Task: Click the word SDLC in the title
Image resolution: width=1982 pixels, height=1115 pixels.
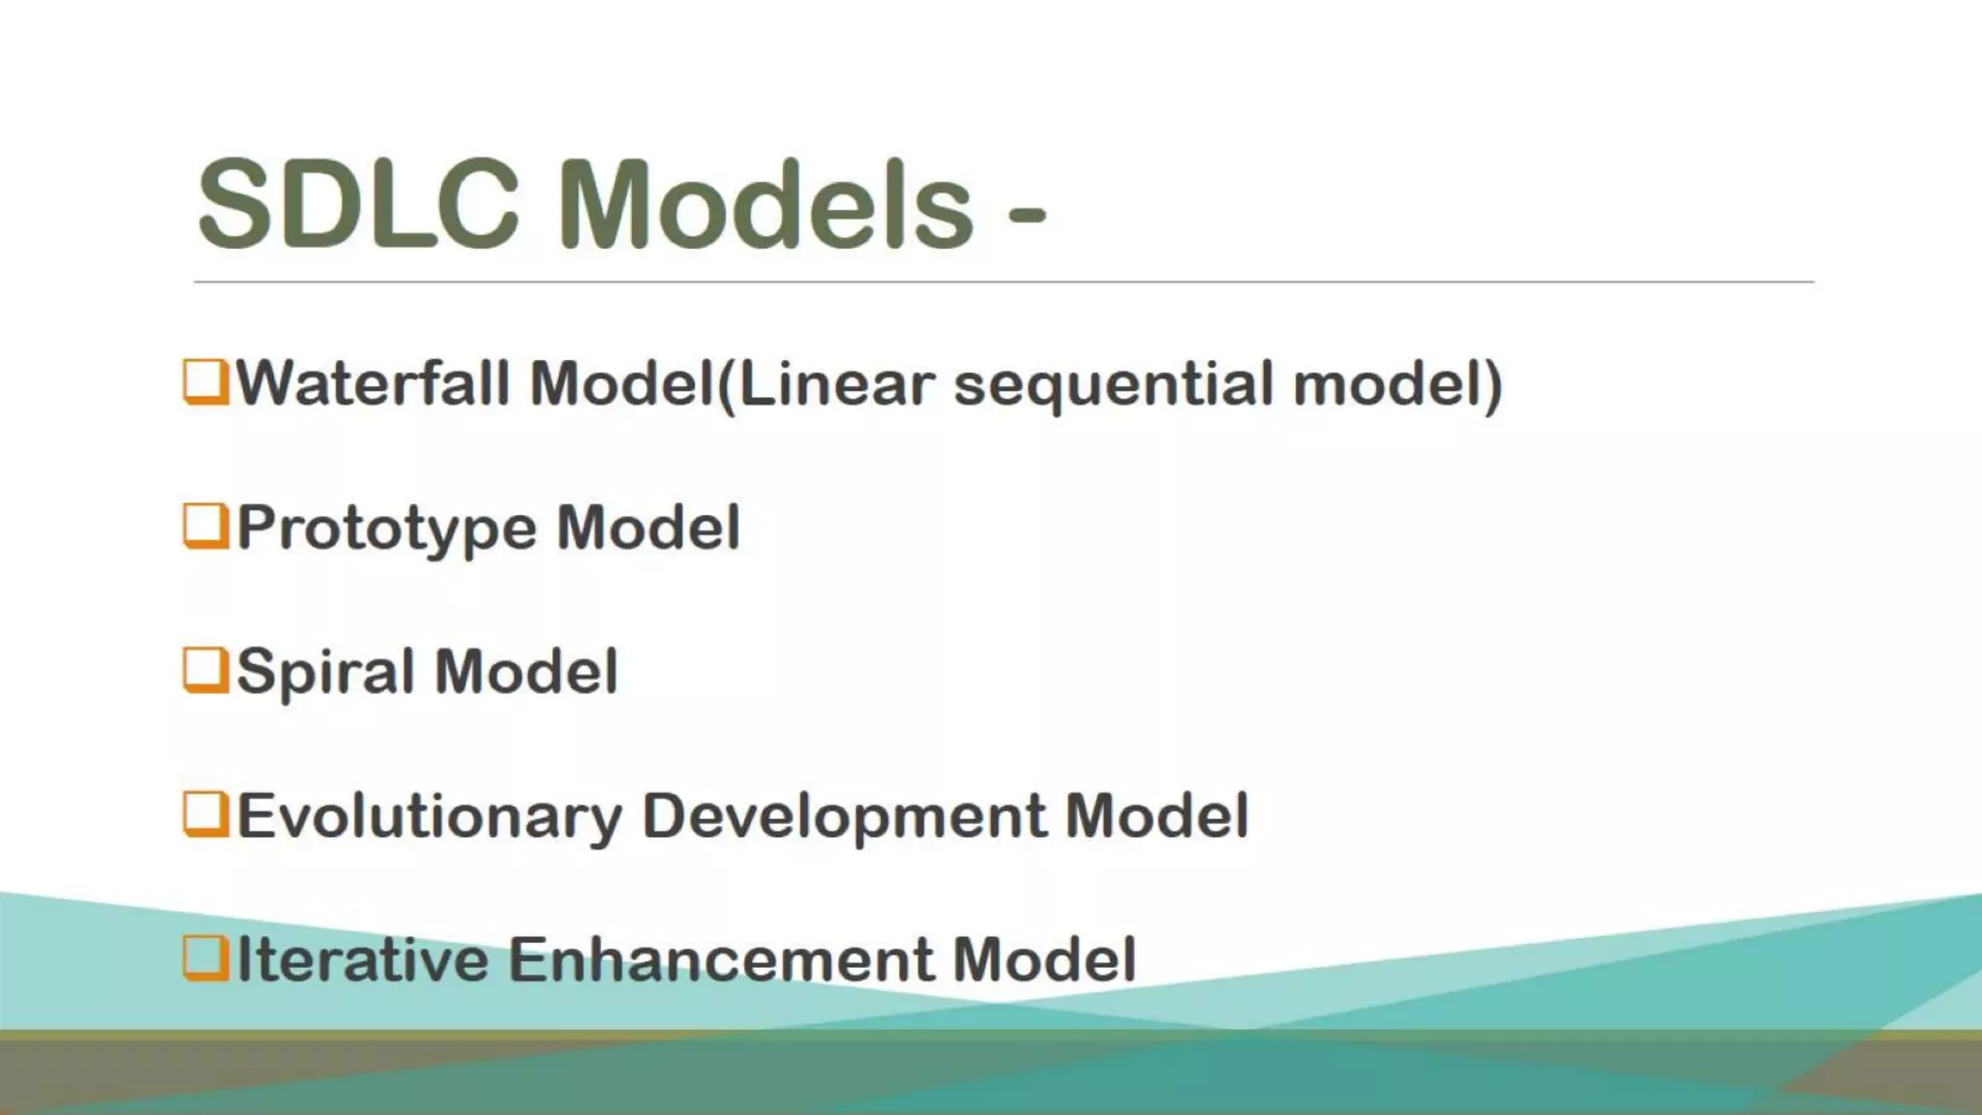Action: (x=358, y=206)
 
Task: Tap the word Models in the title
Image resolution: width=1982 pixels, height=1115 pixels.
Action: (x=765, y=206)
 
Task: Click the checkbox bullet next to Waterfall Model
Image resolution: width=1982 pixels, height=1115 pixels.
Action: (x=205, y=382)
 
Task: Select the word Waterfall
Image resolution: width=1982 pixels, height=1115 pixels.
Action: (x=373, y=383)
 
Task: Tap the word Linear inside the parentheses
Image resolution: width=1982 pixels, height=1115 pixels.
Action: (x=838, y=383)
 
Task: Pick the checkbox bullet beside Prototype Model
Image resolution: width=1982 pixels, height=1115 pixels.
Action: (x=205, y=527)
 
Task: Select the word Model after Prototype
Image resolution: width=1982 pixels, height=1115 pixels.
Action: (x=647, y=527)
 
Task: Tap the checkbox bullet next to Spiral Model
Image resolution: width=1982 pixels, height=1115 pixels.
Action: (x=205, y=671)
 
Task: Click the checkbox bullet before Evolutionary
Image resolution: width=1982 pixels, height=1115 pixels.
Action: (x=205, y=815)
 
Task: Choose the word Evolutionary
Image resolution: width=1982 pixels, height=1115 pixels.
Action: (x=430, y=817)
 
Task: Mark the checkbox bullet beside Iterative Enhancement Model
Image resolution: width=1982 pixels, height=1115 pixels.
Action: (x=205, y=959)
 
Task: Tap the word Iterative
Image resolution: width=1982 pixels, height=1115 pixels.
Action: (x=363, y=959)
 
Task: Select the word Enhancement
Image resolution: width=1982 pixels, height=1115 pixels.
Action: (x=721, y=959)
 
